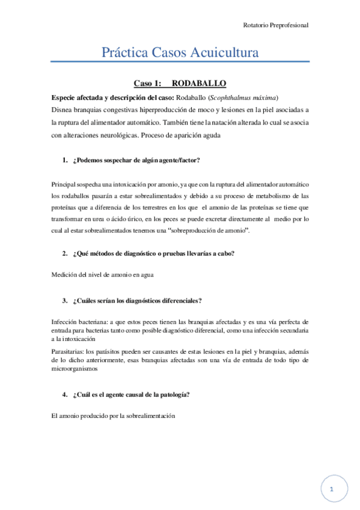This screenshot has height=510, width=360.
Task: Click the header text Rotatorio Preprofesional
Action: point(276,26)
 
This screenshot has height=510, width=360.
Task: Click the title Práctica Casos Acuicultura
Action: point(180,53)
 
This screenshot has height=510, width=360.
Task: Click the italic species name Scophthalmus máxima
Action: point(248,97)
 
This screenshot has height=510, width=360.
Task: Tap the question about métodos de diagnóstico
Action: point(153,253)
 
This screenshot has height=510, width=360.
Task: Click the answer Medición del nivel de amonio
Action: point(103,275)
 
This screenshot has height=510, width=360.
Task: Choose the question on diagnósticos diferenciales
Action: point(136,300)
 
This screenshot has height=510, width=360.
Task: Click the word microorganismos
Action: point(73,369)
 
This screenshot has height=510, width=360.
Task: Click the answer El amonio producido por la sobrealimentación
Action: point(113,416)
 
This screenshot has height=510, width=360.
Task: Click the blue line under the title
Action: point(180,61)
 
